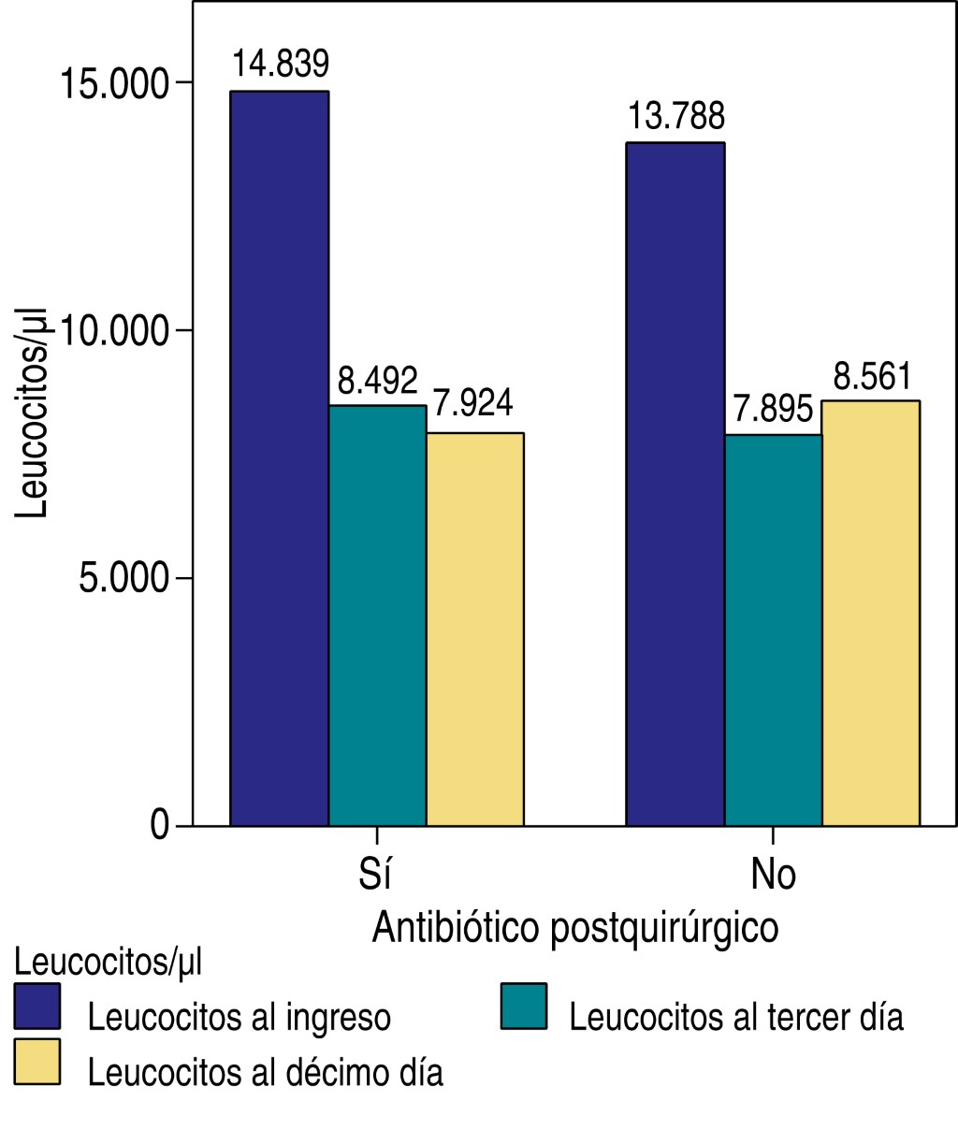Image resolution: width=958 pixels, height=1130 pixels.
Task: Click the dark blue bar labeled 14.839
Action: coord(279,458)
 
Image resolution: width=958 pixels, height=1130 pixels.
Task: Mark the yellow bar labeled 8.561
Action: coord(870,613)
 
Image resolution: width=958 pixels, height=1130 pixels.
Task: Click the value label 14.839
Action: coord(281,65)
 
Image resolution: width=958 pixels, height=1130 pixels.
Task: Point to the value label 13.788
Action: coord(675,117)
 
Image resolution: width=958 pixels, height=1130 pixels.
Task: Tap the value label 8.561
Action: coord(871,377)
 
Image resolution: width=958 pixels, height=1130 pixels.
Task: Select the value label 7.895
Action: coord(772,410)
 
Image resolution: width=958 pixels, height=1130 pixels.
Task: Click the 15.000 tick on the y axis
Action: coord(114,84)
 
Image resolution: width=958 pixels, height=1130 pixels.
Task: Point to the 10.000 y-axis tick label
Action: coord(114,331)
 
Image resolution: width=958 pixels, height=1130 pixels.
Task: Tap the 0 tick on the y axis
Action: coord(159,826)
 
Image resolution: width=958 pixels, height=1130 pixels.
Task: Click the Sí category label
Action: coord(375,874)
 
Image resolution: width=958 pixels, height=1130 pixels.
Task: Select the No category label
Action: coord(773,874)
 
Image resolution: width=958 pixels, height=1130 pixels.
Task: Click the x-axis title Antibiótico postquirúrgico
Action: coord(574,928)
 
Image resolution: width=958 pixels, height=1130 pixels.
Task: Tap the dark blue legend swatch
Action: coord(37,1007)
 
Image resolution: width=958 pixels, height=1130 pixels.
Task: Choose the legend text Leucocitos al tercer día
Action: coord(736,1017)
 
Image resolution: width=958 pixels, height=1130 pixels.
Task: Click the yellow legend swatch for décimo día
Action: coord(37,1062)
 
